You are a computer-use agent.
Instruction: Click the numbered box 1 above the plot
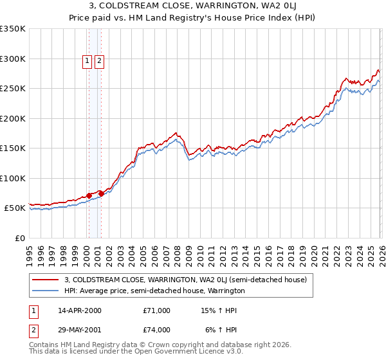pyautogui.click(x=87, y=62)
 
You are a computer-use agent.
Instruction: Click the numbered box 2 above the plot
pyautogui.click(x=100, y=62)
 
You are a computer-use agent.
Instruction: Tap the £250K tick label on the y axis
pyautogui.click(x=13, y=89)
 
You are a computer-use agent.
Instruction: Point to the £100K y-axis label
pyautogui.click(x=13, y=178)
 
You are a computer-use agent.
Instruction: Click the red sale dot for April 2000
pyautogui.click(x=89, y=195)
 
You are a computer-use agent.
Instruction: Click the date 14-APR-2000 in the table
pyautogui.click(x=80, y=310)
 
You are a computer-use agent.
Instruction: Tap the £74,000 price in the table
pyautogui.click(x=157, y=330)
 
